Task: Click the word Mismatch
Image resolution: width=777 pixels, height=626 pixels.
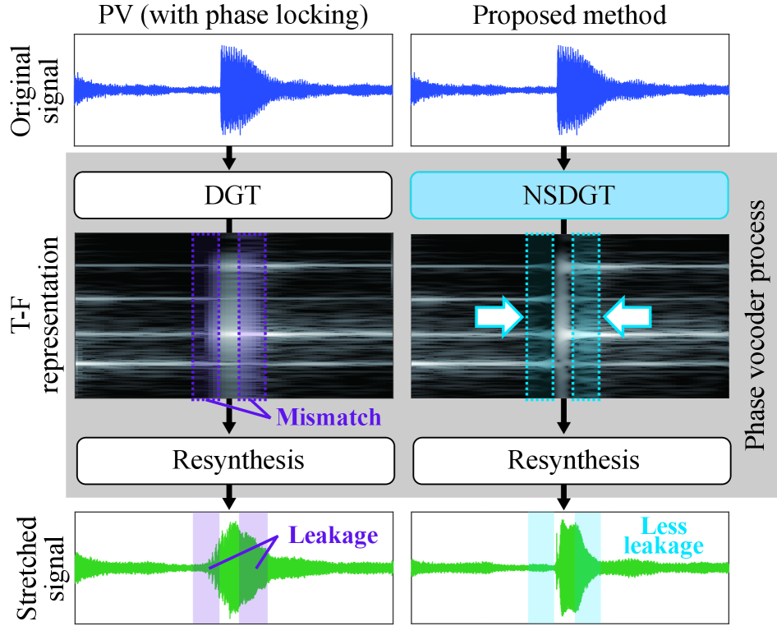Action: point(329,417)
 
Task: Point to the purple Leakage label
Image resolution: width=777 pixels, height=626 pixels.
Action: point(333,536)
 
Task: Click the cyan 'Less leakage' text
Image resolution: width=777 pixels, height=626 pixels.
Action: point(672,536)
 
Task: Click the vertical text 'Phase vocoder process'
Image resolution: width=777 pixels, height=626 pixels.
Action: point(755,325)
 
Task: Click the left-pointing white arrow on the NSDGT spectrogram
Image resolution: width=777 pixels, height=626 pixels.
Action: point(628,316)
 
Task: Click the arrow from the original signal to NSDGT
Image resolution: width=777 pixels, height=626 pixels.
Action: point(564,157)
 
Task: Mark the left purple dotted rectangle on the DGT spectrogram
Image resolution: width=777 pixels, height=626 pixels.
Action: point(205,316)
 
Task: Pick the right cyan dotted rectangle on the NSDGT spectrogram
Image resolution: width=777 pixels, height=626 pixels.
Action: point(586,316)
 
